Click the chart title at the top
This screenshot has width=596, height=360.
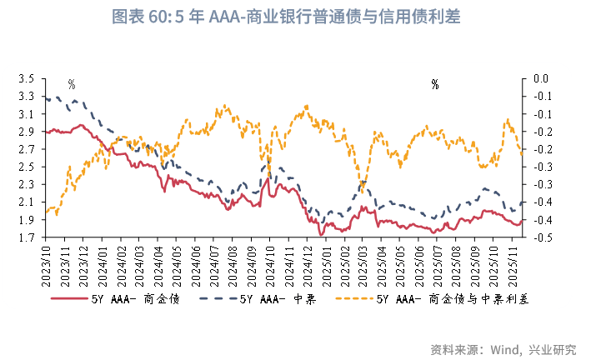point(297,17)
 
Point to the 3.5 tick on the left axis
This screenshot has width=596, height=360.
point(26,78)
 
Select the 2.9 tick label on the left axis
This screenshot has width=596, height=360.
point(26,132)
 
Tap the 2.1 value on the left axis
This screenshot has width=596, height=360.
point(26,202)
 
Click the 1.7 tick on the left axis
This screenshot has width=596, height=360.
point(26,238)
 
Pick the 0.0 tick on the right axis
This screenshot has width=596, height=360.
point(541,78)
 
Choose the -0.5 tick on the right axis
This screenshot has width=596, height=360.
point(540,238)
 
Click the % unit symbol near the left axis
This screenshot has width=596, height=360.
point(72,84)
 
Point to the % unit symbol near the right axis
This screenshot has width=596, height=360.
point(435,84)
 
